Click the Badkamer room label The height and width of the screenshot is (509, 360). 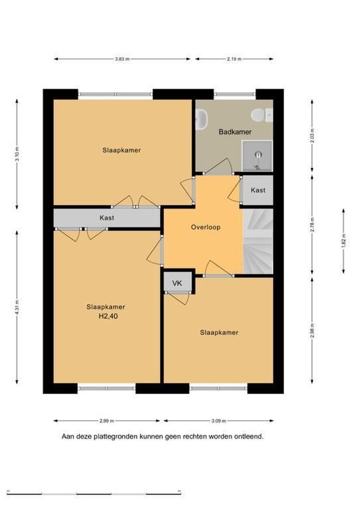tap(235, 132)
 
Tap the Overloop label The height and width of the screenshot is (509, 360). tap(205, 227)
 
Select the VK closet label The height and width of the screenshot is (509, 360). tap(177, 283)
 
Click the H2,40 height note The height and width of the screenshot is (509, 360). tap(108, 316)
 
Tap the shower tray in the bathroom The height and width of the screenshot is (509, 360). tap(257, 156)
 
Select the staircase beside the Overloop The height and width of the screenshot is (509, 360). tap(258, 241)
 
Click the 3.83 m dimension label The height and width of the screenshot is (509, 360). tap(122, 59)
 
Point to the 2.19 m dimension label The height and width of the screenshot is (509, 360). tap(234, 59)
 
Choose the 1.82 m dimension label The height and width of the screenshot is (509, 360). tap(344, 241)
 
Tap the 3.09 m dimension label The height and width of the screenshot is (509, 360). tap(219, 421)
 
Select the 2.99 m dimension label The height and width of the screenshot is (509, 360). tap(106, 421)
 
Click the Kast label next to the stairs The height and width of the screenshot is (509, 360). tap(258, 190)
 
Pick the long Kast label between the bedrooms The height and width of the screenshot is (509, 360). tap(107, 218)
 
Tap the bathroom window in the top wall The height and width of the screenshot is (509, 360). tap(235, 94)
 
